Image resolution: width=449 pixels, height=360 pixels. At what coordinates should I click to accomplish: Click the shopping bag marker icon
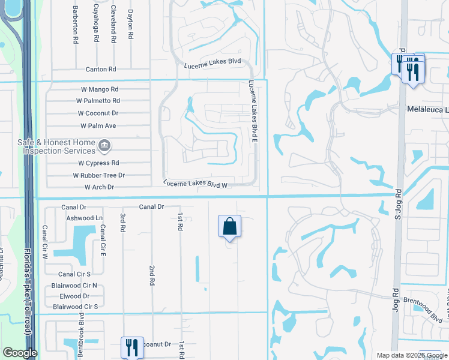coord(229,227)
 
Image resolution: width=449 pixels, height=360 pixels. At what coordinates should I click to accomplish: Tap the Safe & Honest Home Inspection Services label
coord(59,146)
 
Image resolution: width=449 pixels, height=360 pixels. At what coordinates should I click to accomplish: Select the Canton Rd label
coord(100,70)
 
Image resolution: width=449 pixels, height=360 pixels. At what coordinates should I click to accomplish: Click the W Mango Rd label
coord(100,89)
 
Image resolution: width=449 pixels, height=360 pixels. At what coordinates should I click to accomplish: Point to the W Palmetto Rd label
coord(97,101)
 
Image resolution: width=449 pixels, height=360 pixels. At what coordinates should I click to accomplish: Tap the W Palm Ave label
coord(98,126)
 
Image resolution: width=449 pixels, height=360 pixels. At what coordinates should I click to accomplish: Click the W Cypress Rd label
coord(98,163)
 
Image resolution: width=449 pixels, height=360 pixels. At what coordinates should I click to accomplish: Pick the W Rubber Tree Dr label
coord(98,175)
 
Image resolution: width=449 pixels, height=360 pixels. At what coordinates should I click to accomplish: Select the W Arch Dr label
coord(99,187)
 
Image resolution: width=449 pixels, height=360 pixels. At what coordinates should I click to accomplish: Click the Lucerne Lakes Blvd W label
coord(195,184)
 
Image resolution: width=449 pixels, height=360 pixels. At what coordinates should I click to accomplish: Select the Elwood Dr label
coord(74,296)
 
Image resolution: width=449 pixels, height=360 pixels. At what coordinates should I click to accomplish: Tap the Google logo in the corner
coord(20,353)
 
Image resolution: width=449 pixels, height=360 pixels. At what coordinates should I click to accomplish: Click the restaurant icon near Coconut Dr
coord(130,347)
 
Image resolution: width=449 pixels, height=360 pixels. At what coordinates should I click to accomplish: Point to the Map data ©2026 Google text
coord(411,355)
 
